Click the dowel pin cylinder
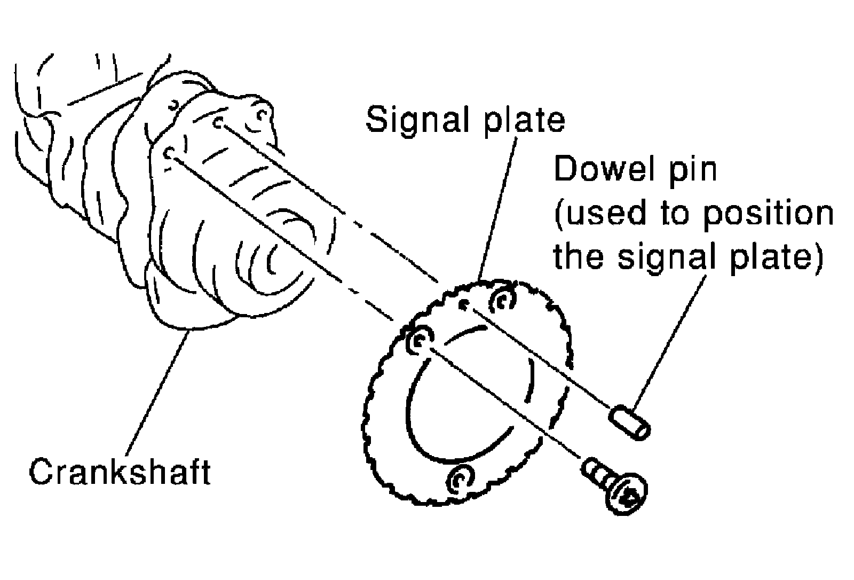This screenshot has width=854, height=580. pos(630,422)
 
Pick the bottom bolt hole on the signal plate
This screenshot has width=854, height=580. pos(460,478)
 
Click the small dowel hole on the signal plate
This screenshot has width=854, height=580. pos(464,305)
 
